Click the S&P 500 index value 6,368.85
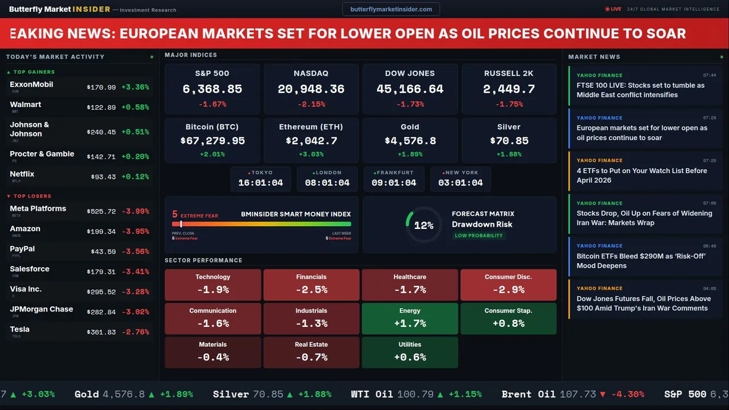212,89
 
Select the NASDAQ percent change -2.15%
311,104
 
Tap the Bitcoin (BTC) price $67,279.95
212,141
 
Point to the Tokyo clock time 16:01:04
260,183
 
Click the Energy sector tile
409,318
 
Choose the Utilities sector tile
409,352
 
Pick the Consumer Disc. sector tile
508,285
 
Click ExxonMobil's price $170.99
101,88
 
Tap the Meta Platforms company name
38,208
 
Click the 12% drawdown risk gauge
423,225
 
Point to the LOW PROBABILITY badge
478,236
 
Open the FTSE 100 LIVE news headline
640,90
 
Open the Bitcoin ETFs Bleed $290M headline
641,261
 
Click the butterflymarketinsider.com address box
391,9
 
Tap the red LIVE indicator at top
613,9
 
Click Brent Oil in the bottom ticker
528,394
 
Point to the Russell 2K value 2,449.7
509,89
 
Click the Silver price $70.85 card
509,141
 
